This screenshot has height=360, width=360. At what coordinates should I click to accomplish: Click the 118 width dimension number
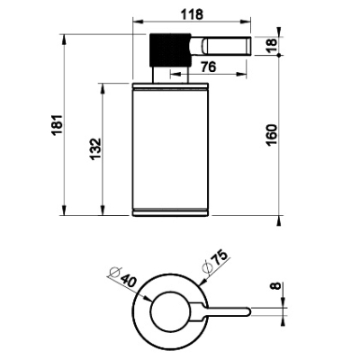(192, 14)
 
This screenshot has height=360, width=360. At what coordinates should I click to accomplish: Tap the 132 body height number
(95, 149)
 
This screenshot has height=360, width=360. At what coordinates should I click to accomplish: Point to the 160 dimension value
(272, 135)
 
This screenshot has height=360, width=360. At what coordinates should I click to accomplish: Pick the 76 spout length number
(208, 67)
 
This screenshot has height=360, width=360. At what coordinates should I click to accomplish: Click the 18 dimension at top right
(272, 46)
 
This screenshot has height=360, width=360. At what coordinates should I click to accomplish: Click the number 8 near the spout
(276, 285)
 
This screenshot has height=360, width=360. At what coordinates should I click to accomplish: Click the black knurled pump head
(170, 49)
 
